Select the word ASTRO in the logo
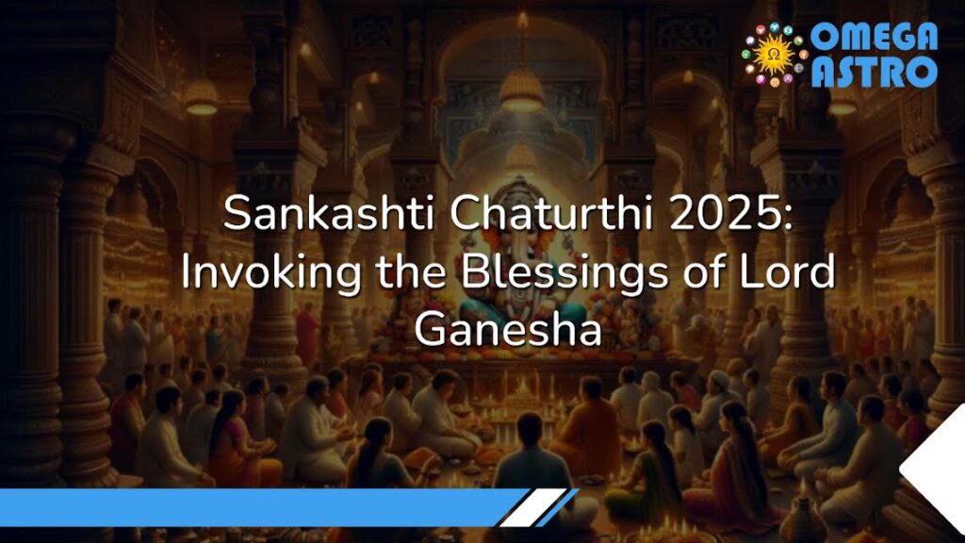[x=874, y=71]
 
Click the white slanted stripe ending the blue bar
[x=541, y=506]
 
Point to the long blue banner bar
[x=254, y=506]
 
